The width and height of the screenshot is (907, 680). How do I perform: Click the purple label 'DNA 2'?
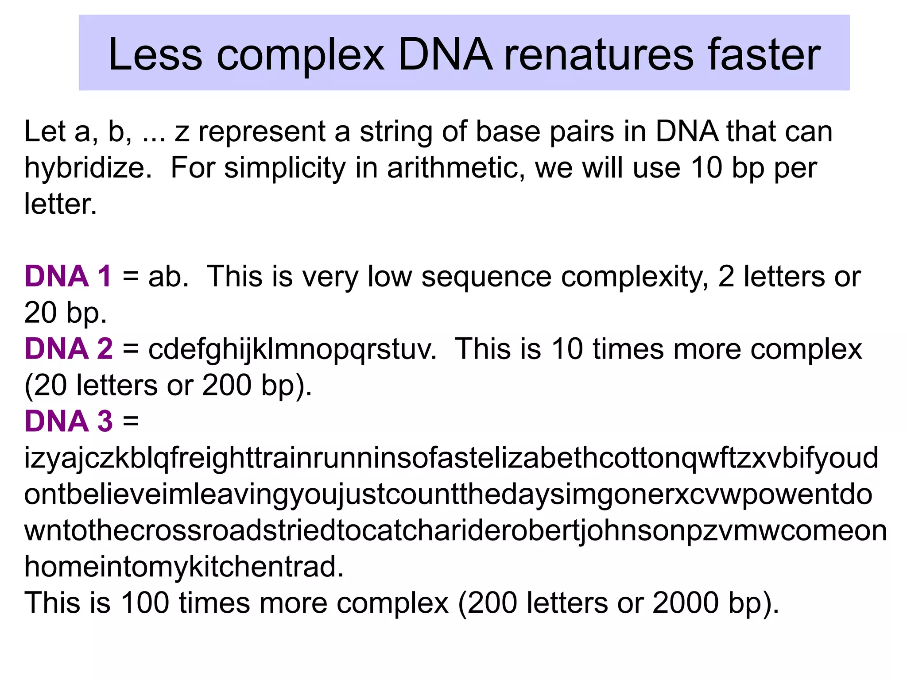tap(69, 349)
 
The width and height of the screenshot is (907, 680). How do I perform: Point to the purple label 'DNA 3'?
tap(69, 421)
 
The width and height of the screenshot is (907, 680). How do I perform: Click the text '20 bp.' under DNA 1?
tap(66, 313)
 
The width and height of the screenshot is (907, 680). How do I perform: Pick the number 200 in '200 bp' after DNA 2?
tap(227, 385)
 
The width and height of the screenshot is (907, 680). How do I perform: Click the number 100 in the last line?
tap(145, 603)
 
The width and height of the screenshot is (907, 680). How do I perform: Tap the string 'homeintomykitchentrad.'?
tap(184, 567)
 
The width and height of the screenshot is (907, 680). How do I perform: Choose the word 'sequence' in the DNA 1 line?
tap(486, 277)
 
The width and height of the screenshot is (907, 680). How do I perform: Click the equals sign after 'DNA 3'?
tap(131, 421)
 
